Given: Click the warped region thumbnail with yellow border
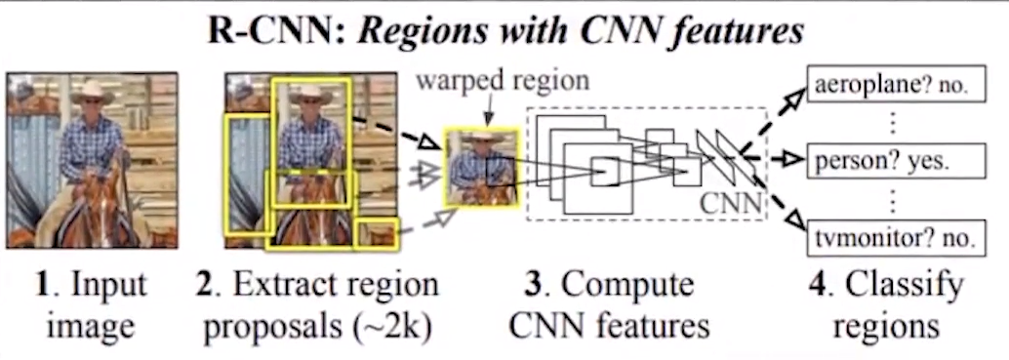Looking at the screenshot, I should coord(480,167).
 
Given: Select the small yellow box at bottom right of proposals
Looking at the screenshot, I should coord(377,233).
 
